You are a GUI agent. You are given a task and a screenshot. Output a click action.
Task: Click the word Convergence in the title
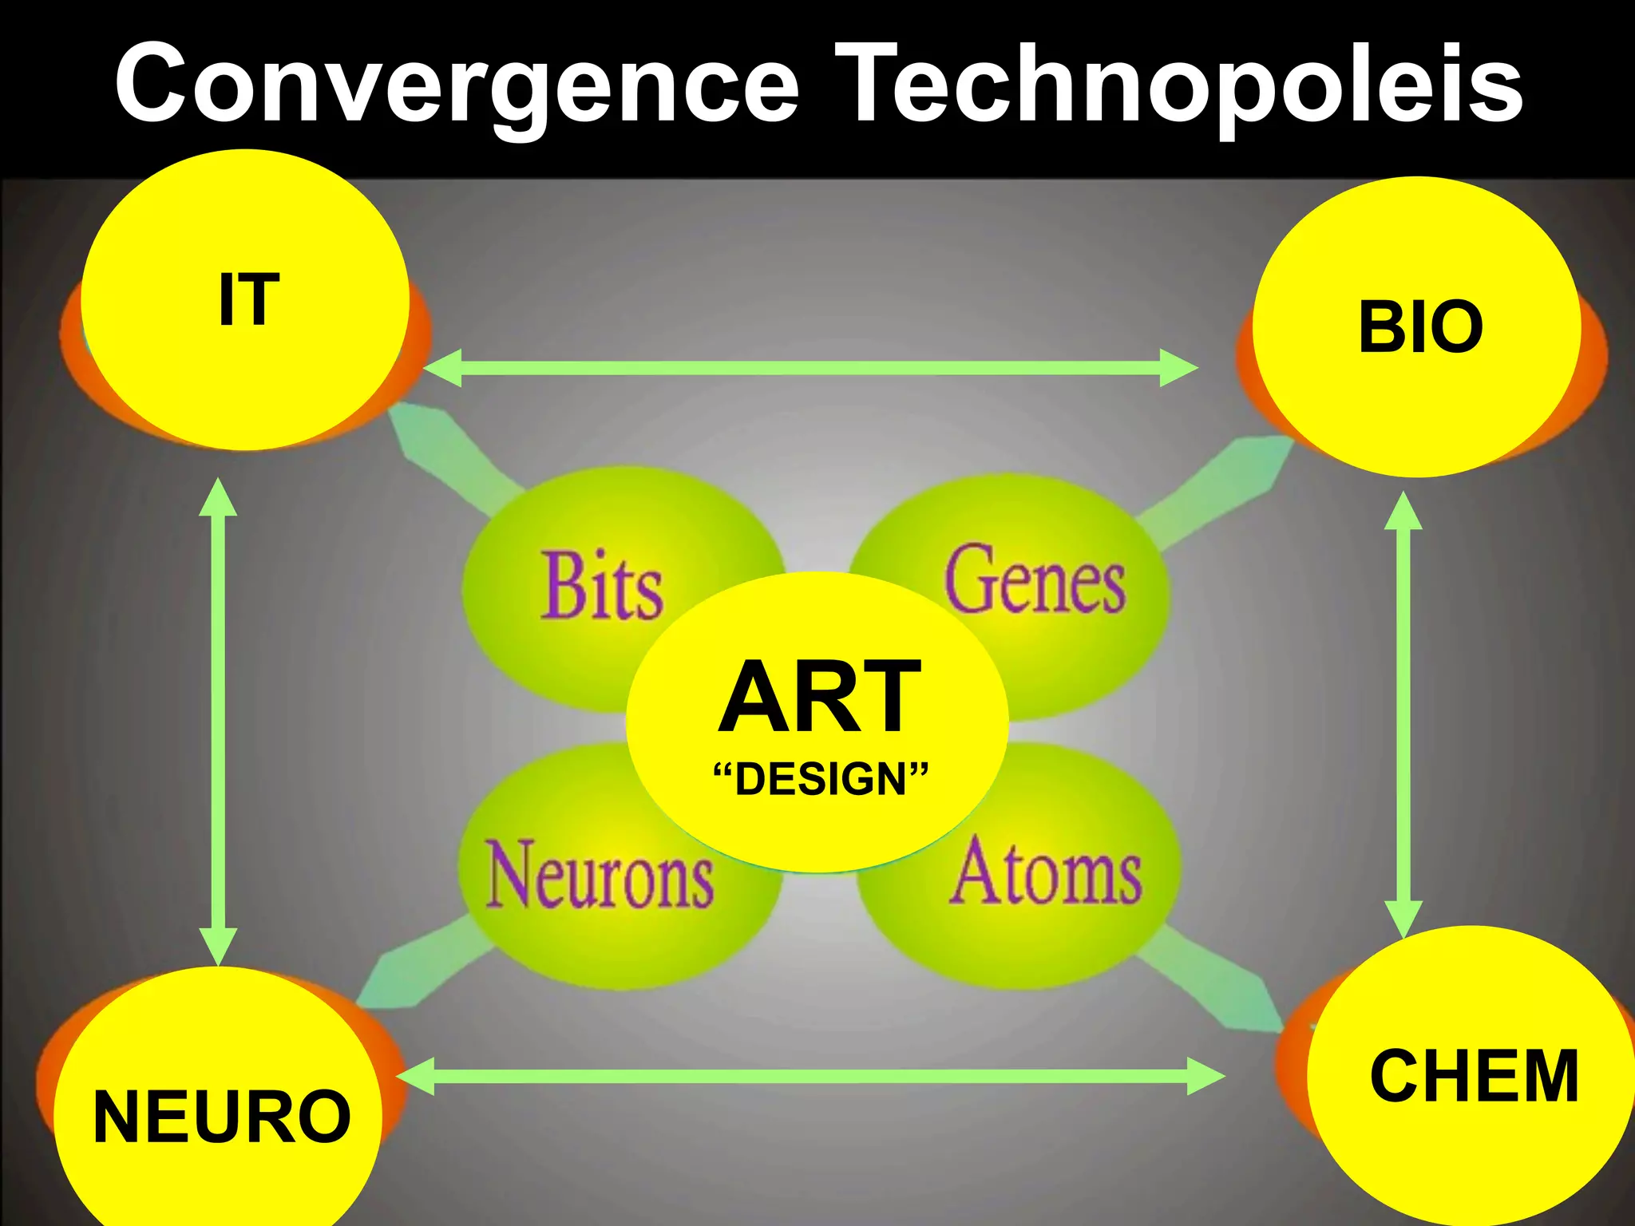click(x=457, y=84)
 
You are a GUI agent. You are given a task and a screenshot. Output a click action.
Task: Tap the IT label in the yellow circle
click(x=249, y=300)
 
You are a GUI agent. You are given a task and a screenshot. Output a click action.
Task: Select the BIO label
click(x=1420, y=326)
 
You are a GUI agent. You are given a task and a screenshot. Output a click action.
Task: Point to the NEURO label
click(x=222, y=1116)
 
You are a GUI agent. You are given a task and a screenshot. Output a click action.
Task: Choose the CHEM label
click(x=1474, y=1076)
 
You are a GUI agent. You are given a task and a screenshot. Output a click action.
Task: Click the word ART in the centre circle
click(x=820, y=696)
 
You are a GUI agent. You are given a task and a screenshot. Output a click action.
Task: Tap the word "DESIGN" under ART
click(x=821, y=779)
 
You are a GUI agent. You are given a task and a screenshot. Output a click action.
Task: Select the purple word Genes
click(x=1035, y=579)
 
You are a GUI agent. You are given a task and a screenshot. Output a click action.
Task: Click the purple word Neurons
click(x=600, y=874)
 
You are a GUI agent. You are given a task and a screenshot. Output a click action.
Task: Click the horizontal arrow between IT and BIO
click(x=810, y=368)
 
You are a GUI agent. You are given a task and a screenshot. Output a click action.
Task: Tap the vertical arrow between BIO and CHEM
click(x=1403, y=714)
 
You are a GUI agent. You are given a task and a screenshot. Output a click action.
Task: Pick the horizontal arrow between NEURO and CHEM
click(x=810, y=1077)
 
